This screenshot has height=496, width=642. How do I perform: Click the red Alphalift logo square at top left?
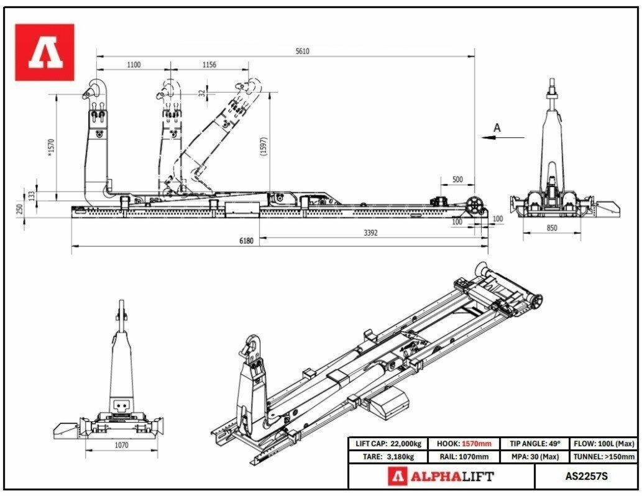pos(45,52)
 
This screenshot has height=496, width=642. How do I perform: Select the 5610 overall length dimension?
pos(302,51)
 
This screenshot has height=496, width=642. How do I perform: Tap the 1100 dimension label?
pos(134,65)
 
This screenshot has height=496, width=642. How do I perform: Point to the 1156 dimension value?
pos(209,65)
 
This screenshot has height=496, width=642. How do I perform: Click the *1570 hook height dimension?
pos(51,147)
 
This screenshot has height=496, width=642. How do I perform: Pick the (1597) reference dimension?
pos(264,146)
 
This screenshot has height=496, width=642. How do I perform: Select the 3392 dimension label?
pos(370,232)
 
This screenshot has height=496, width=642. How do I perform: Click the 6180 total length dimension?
pos(246,241)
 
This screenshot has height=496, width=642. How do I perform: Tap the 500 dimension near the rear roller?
pos(457,180)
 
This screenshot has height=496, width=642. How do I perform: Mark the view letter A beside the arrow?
pos(497,128)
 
